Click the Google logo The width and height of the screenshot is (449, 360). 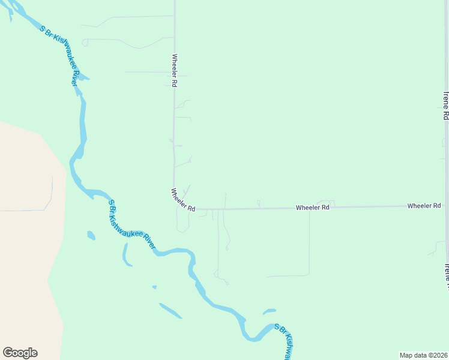point(20,353)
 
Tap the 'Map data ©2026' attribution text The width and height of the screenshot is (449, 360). point(423,355)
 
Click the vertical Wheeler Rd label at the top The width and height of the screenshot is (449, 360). point(174,71)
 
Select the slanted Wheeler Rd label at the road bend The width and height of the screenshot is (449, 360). point(183,200)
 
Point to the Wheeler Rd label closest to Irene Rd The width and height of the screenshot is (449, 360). point(424,206)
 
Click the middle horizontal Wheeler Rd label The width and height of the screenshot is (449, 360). point(312,207)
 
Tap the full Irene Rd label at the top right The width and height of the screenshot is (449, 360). point(445,106)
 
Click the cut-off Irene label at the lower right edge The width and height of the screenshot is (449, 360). point(445,273)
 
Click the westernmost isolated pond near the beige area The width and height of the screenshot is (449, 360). point(91,235)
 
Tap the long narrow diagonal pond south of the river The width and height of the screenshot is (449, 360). point(170,310)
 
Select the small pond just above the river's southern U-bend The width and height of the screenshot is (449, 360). point(270,311)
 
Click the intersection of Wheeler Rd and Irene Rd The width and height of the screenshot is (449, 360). point(446,205)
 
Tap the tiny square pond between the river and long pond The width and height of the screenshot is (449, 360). point(154,287)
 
